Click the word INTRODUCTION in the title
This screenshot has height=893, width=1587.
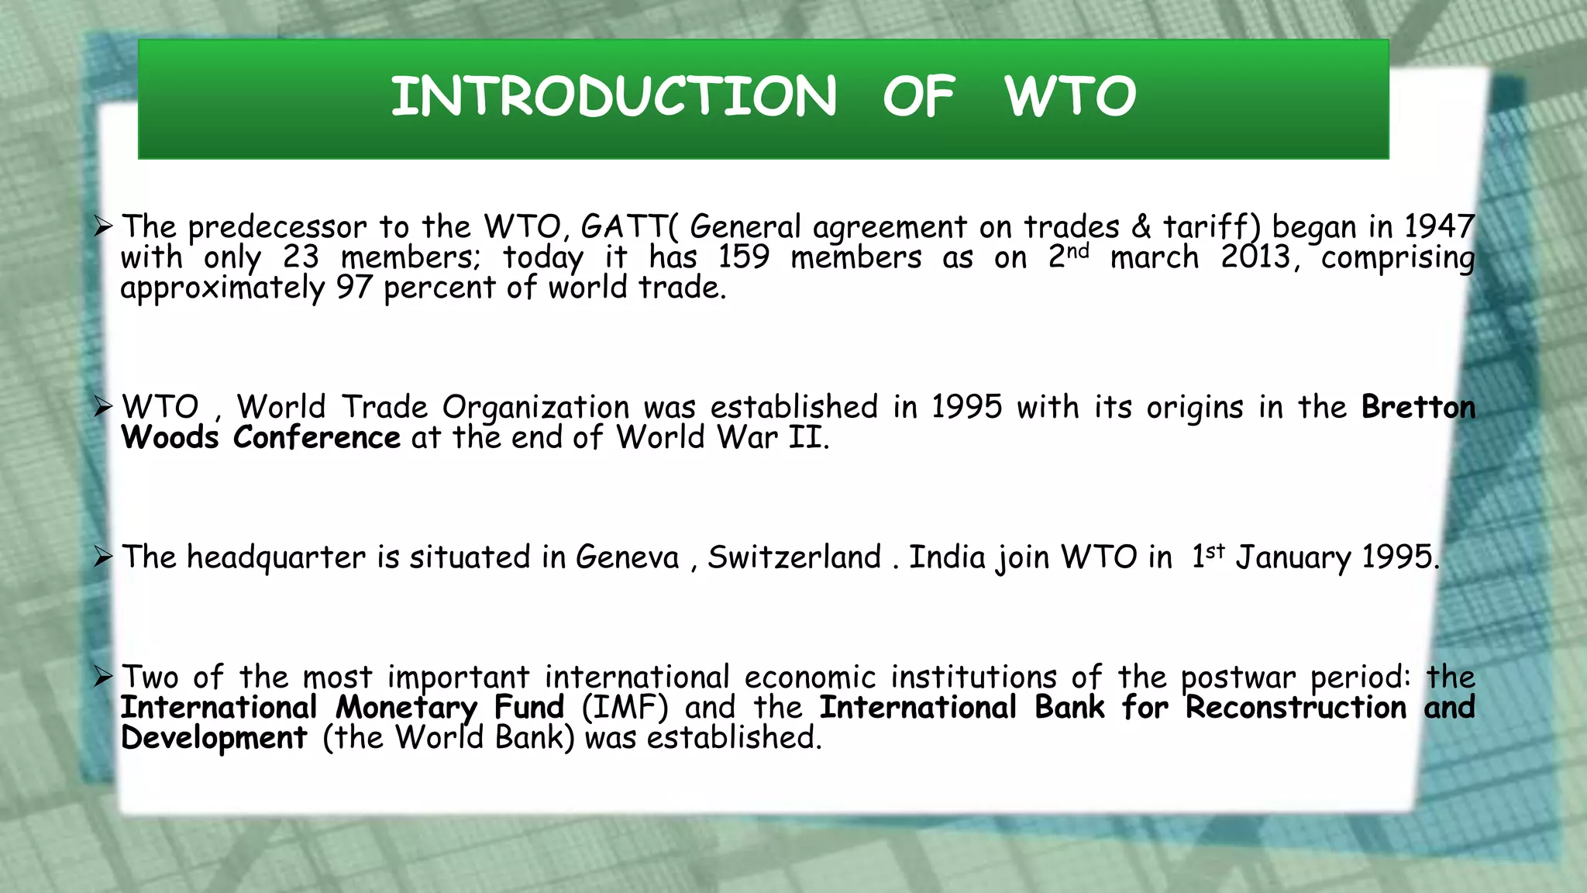pos(614,97)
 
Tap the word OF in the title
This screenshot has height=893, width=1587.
pos(918,97)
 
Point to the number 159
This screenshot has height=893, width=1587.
pos(743,257)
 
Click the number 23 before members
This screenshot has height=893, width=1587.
pos(301,257)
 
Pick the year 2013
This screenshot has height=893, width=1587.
pos(1255,257)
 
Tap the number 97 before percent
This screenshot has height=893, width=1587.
pos(354,288)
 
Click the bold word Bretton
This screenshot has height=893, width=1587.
pos(1418,407)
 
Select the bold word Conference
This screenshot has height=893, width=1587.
pos(316,438)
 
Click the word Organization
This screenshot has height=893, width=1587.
pos(535,408)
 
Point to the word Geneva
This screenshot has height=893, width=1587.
pos(627,557)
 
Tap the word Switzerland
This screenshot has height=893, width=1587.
pos(794,557)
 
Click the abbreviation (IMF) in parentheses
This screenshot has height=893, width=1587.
pos(625,707)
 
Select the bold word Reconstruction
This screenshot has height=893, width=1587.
pos(1296,707)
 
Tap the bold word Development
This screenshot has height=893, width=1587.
pos(214,738)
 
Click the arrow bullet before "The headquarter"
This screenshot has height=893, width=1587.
pos(103,557)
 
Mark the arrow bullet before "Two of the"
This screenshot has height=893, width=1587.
pos(103,677)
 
